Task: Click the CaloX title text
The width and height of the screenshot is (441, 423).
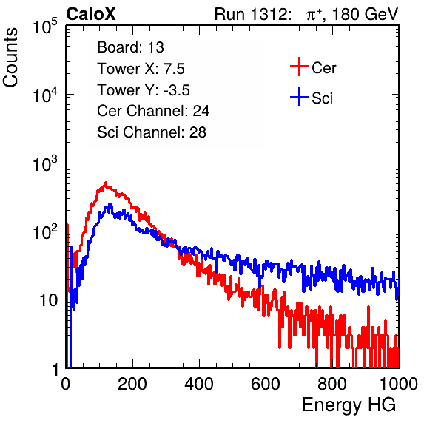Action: tap(91, 14)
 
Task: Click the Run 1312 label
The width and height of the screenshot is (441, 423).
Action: tap(252, 14)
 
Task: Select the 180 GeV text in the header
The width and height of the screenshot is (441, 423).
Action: tap(365, 14)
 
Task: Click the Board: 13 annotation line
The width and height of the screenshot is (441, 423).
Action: tap(130, 47)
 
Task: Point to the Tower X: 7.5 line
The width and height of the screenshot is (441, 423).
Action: tap(141, 69)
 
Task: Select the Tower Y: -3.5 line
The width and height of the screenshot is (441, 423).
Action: tap(144, 90)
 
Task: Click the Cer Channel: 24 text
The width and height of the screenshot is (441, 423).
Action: tap(153, 111)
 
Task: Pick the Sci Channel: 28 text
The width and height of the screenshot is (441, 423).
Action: tap(152, 132)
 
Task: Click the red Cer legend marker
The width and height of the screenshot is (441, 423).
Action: tap(299, 67)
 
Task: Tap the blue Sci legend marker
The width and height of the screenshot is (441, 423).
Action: tap(299, 97)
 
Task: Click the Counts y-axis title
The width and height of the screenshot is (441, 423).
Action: tap(10, 58)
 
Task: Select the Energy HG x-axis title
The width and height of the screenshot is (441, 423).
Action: tap(349, 405)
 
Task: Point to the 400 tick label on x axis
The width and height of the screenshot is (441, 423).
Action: tap(199, 384)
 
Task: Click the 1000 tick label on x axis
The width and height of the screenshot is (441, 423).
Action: tap(399, 384)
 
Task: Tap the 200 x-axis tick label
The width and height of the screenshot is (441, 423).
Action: tap(132, 384)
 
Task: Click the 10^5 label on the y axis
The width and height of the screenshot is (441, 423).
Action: tap(45, 26)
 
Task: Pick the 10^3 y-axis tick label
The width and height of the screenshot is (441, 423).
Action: tap(45, 163)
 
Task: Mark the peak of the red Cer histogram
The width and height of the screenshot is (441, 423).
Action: tap(106, 183)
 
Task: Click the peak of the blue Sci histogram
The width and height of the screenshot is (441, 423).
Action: tap(110, 204)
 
